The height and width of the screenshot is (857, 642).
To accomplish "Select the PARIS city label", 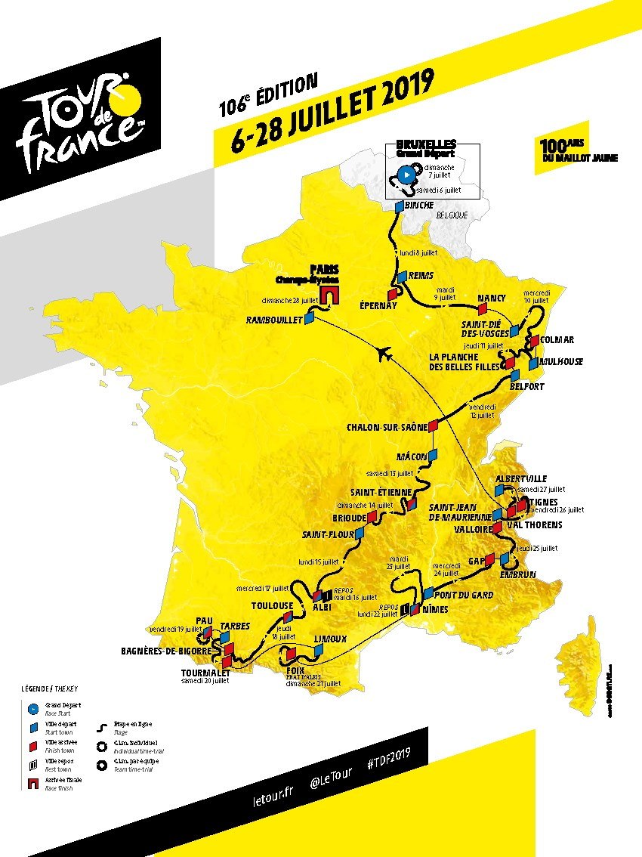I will (x=324, y=269).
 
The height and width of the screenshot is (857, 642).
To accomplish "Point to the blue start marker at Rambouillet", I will (x=308, y=320).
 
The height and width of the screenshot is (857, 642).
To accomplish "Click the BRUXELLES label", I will (x=425, y=144).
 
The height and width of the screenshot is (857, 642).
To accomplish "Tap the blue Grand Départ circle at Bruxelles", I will (x=406, y=172).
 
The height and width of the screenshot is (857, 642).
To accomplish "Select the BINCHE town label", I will (x=420, y=205).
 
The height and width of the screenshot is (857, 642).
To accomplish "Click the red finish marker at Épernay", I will (x=392, y=293).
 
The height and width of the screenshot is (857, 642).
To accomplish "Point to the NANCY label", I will (x=491, y=298).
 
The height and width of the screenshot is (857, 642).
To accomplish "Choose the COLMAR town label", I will (x=557, y=340).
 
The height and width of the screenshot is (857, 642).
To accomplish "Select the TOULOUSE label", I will (x=272, y=605).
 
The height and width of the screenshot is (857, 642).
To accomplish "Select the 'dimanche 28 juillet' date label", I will (x=289, y=300).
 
